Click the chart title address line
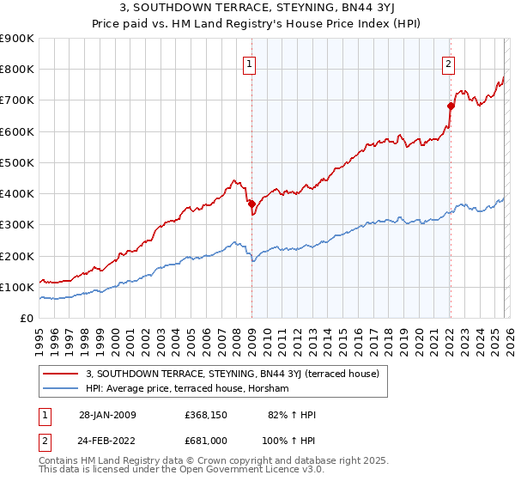pyautogui.click(x=257, y=9)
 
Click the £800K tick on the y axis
pyautogui.click(x=17, y=70)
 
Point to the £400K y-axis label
pyautogui.click(x=17, y=194)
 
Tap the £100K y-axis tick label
pyautogui.click(x=17, y=287)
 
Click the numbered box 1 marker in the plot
pyautogui.click(x=250, y=63)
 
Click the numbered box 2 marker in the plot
pyautogui.click(x=448, y=63)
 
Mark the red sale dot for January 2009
pyautogui.click(x=251, y=204)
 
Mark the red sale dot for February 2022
pyautogui.click(x=450, y=107)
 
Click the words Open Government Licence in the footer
pyautogui.click(x=231, y=472)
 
